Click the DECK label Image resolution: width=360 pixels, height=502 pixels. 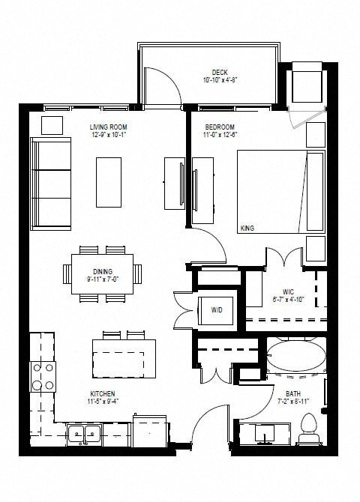[x=220, y=72]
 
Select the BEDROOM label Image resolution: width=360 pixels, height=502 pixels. [x=220, y=127]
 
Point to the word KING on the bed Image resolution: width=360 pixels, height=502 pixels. [x=247, y=228]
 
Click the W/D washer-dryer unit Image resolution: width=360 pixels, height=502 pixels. [x=216, y=309]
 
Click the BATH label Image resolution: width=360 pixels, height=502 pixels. [x=293, y=393]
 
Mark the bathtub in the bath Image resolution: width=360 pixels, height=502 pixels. [x=297, y=357]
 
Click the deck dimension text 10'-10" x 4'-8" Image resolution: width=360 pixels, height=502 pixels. [x=220, y=79]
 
